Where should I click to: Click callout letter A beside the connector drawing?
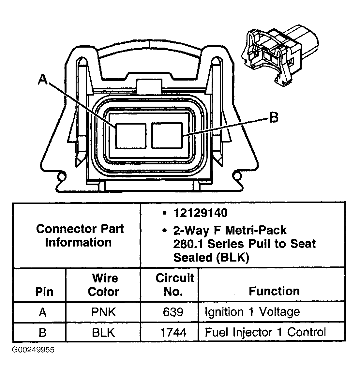[43, 79]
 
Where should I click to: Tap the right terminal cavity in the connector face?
[167, 136]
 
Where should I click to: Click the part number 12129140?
[201, 213]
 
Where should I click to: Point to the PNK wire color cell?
[103, 312]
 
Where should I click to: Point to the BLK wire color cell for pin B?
[103, 332]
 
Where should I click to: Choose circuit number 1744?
[173, 332]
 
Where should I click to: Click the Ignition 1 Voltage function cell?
[252, 312]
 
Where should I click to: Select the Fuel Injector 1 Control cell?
[265, 332]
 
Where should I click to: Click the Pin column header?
[44, 292]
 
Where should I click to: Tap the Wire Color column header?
[103, 285]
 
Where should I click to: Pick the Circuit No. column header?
[174, 285]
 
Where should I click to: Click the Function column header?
[274, 291]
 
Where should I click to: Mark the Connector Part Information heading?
[80, 235]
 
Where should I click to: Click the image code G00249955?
[33, 350]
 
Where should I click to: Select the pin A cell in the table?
[43, 312]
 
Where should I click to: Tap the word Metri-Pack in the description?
[256, 230]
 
